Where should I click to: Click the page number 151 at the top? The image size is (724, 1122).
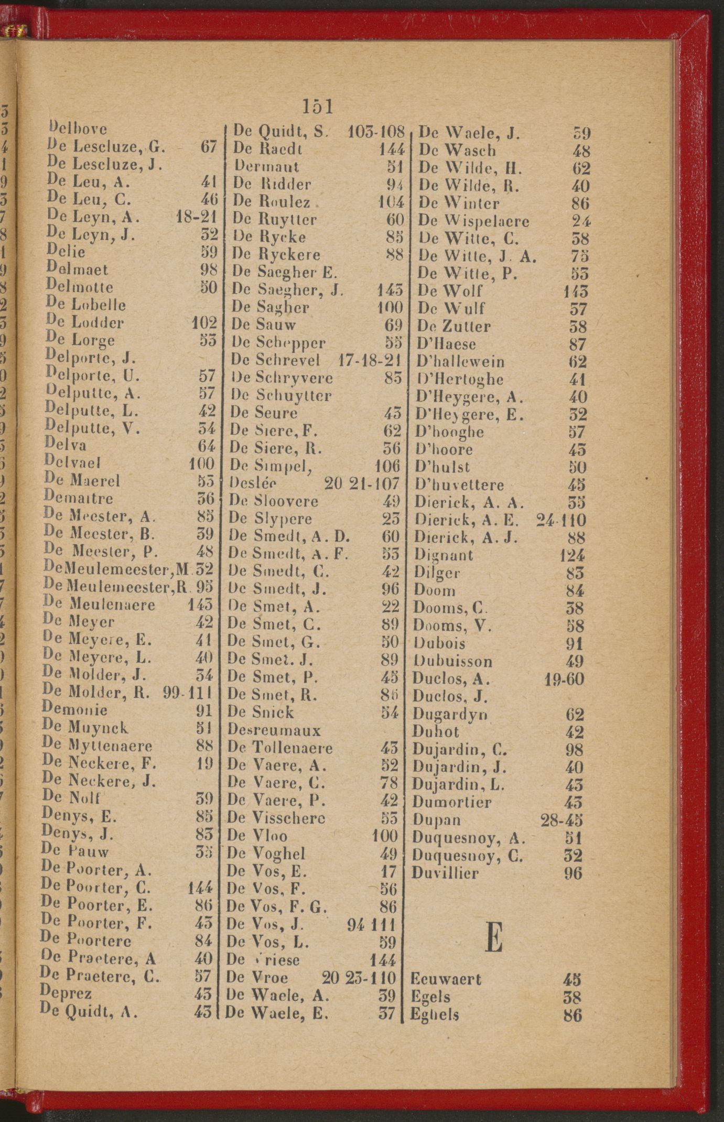coord(318,106)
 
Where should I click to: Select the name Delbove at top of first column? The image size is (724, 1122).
coord(78,128)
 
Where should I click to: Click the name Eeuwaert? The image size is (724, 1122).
coord(446,979)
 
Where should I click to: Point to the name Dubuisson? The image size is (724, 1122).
coord(452,661)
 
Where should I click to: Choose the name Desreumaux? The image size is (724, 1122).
coord(274,730)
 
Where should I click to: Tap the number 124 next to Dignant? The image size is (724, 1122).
coord(572,555)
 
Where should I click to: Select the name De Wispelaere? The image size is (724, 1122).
coord(473,221)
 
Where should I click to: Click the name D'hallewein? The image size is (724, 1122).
coord(460,362)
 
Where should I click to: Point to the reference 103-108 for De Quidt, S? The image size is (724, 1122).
coord(376,131)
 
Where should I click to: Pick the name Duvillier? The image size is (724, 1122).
coord(445,873)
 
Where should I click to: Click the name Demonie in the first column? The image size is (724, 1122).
coord(75,710)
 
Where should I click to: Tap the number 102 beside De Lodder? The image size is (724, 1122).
coord(204,322)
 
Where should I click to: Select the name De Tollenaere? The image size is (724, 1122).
coord(280,748)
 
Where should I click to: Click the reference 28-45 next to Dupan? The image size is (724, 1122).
coord(561,820)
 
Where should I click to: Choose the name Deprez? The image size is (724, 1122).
coord(66,993)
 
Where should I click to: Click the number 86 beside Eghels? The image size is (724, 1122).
coord(572,1016)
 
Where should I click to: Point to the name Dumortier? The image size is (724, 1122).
coord(452,802)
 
